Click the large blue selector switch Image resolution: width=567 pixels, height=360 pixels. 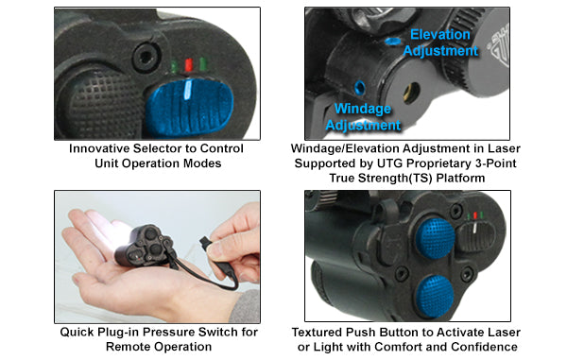190,108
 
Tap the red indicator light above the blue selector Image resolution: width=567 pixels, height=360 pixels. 188,64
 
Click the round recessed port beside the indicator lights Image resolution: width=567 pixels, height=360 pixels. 146,57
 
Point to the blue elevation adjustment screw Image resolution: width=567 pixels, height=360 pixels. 392,42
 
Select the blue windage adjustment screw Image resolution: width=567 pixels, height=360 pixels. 360,88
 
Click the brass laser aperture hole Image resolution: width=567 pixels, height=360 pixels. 411,93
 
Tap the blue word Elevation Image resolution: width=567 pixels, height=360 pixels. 439,35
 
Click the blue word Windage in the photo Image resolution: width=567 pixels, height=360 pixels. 363,109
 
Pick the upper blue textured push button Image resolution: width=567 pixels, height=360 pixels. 435,238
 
